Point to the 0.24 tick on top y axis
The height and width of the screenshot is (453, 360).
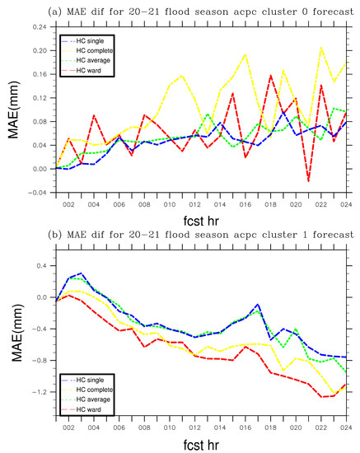[x=40, y=26]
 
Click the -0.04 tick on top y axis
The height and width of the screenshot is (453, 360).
[x=38, y=193]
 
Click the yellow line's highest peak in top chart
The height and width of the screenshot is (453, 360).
[x=320, y=48]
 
